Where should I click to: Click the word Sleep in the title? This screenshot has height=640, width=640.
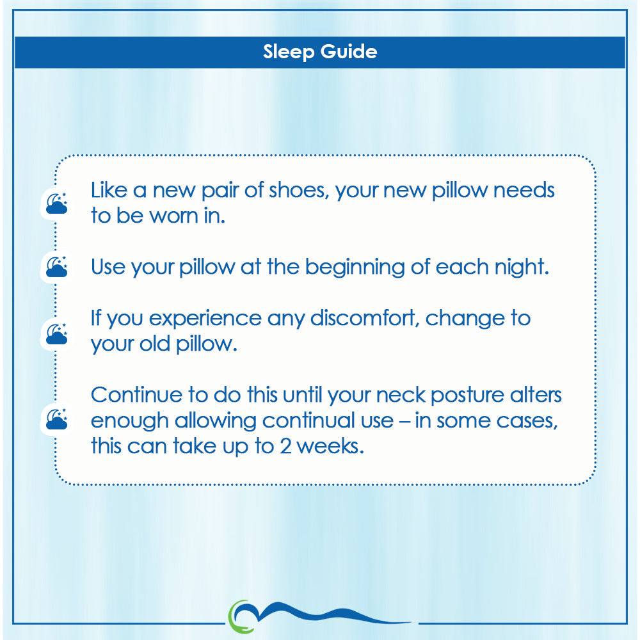[289, 52]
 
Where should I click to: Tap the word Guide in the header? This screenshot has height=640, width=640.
[349, 51]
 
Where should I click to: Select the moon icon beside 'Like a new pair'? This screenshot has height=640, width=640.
[56, 204]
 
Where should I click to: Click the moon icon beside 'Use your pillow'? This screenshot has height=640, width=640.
[56, 267]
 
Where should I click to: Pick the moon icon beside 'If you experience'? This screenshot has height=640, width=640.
[56, 334]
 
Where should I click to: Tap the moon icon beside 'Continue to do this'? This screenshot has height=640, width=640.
[56, 419]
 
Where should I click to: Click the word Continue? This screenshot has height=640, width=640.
[136, 395]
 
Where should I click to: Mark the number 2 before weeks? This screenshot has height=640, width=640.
[285, 447]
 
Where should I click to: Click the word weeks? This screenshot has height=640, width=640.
[330, 447]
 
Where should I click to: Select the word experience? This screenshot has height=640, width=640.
[205, 319]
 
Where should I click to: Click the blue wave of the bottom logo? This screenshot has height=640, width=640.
[326, 614]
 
